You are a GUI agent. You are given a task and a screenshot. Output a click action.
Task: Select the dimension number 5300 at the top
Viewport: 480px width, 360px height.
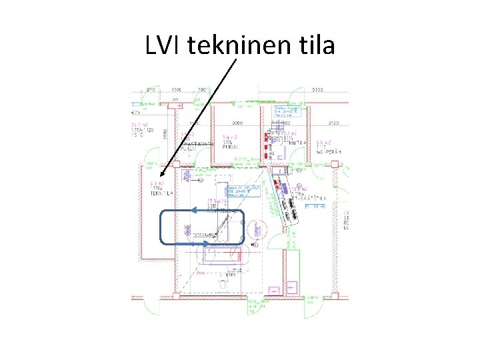(318, 89)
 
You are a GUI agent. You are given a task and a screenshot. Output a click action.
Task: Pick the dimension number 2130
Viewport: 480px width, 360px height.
(334, 124)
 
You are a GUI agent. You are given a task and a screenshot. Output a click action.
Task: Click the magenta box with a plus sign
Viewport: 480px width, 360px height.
(291, 287)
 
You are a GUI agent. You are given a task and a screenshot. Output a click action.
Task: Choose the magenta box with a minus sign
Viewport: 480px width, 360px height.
(273, 291)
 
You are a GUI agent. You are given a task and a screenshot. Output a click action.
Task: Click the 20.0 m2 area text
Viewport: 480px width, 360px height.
(139, 124)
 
